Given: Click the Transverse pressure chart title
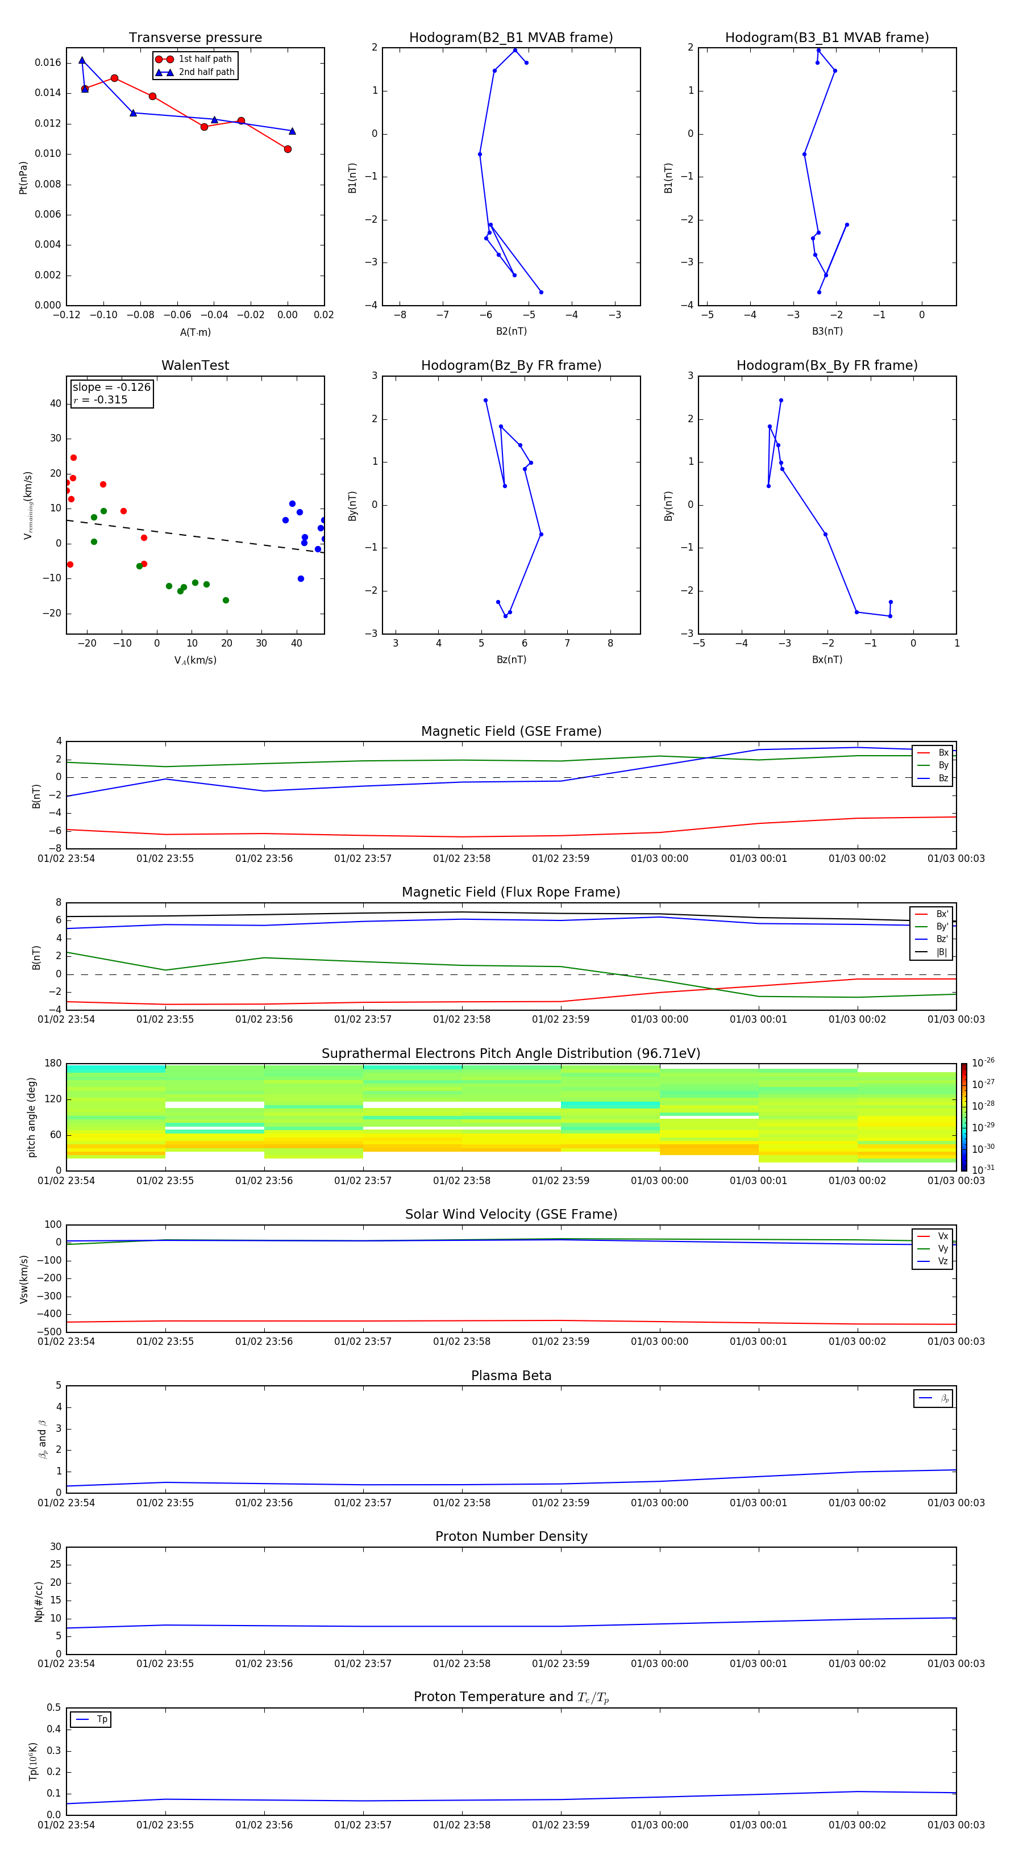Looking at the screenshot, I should click(x=195, y=38).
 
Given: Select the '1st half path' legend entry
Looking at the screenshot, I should click(x=205, y=59).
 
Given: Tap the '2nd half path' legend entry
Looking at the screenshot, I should click(x=206, y=72).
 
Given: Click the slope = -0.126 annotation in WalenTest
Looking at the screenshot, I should click(x=111, y=388).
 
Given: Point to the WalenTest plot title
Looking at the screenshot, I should click(x=195, y=365).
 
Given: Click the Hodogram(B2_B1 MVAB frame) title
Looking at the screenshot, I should click(x=510, y=38).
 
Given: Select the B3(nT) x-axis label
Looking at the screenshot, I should click(x=827, y=331).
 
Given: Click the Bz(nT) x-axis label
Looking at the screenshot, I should click(x=511, y=660).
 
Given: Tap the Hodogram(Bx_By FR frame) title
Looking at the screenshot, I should click(x=826, y=365).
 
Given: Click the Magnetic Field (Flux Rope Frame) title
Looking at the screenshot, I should click(x=510, y=893).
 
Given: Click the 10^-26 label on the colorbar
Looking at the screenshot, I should click(x=982, y=1062).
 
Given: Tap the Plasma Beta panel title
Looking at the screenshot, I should click(x=510, y=1376).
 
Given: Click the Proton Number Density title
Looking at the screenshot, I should click(x=510, y=1536).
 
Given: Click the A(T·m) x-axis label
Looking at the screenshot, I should click(x=195, y=332).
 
